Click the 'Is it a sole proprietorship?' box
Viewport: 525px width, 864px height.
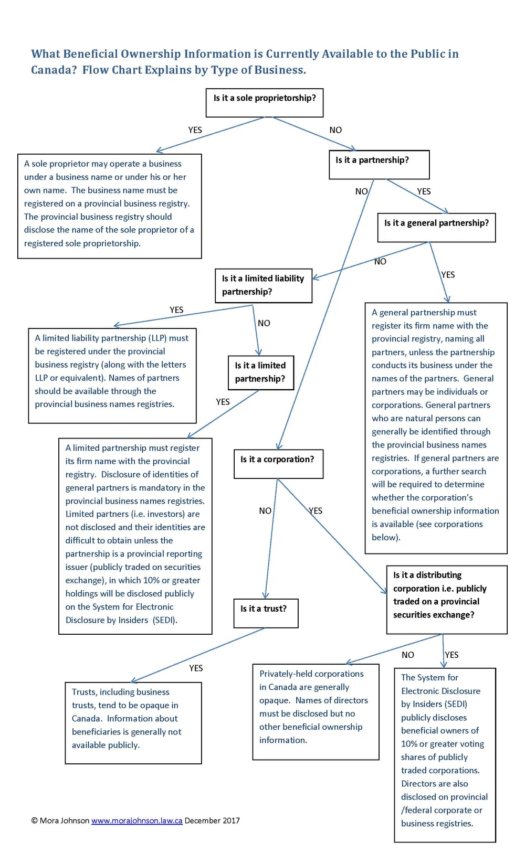pos(264,102)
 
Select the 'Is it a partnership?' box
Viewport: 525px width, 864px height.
pos(379,164)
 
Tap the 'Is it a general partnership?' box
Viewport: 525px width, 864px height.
pos(436,227)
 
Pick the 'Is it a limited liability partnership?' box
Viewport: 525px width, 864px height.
pos(263,285)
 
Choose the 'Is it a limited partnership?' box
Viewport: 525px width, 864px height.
pos(260,372)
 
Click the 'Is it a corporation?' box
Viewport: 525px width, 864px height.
pos(278,463)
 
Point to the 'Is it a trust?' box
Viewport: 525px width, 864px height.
pos(265,613)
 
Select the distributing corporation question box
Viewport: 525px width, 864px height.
pos(446,599)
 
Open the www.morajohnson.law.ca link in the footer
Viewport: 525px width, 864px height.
pos(136,820)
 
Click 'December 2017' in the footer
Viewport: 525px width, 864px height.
pos(212,820)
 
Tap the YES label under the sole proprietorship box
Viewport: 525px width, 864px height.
pos(195,130)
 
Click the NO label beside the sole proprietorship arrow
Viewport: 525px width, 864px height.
pos(335,130)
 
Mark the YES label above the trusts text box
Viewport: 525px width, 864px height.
pos(196,668)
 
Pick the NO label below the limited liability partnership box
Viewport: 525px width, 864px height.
pos(264,323)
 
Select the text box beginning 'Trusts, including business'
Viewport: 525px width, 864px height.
pos(133,722)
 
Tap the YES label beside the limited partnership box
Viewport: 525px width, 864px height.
pos(223,402)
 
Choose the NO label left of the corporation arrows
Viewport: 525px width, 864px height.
pos(265,510)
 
